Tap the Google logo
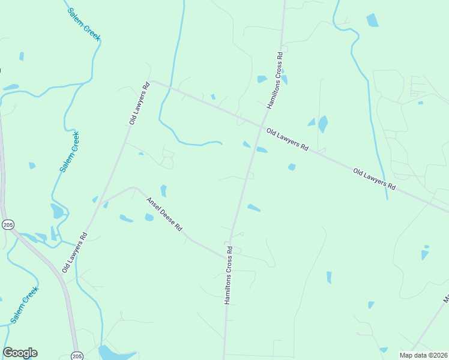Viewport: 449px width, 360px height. tap(20, 353)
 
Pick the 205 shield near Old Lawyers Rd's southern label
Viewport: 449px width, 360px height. tap(8, 224)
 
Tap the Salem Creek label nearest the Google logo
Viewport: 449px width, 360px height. tap(25, 304)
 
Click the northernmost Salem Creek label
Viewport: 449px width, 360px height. tap(83, 25)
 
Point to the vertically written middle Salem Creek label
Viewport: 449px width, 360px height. tap(70, 152)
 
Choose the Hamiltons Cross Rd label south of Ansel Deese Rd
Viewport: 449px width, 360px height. tap(229, 274)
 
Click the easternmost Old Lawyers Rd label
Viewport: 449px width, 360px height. tap(375, 179)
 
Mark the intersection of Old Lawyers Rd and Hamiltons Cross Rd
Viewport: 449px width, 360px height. tap(262, 127)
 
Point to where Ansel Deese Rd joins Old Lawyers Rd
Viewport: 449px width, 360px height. tap(100, 202)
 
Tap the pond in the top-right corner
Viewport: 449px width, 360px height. tap(372, 20)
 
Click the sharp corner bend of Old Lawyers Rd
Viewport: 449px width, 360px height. tap(152, 81)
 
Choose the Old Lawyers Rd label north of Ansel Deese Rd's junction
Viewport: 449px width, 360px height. tap(139, 104)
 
